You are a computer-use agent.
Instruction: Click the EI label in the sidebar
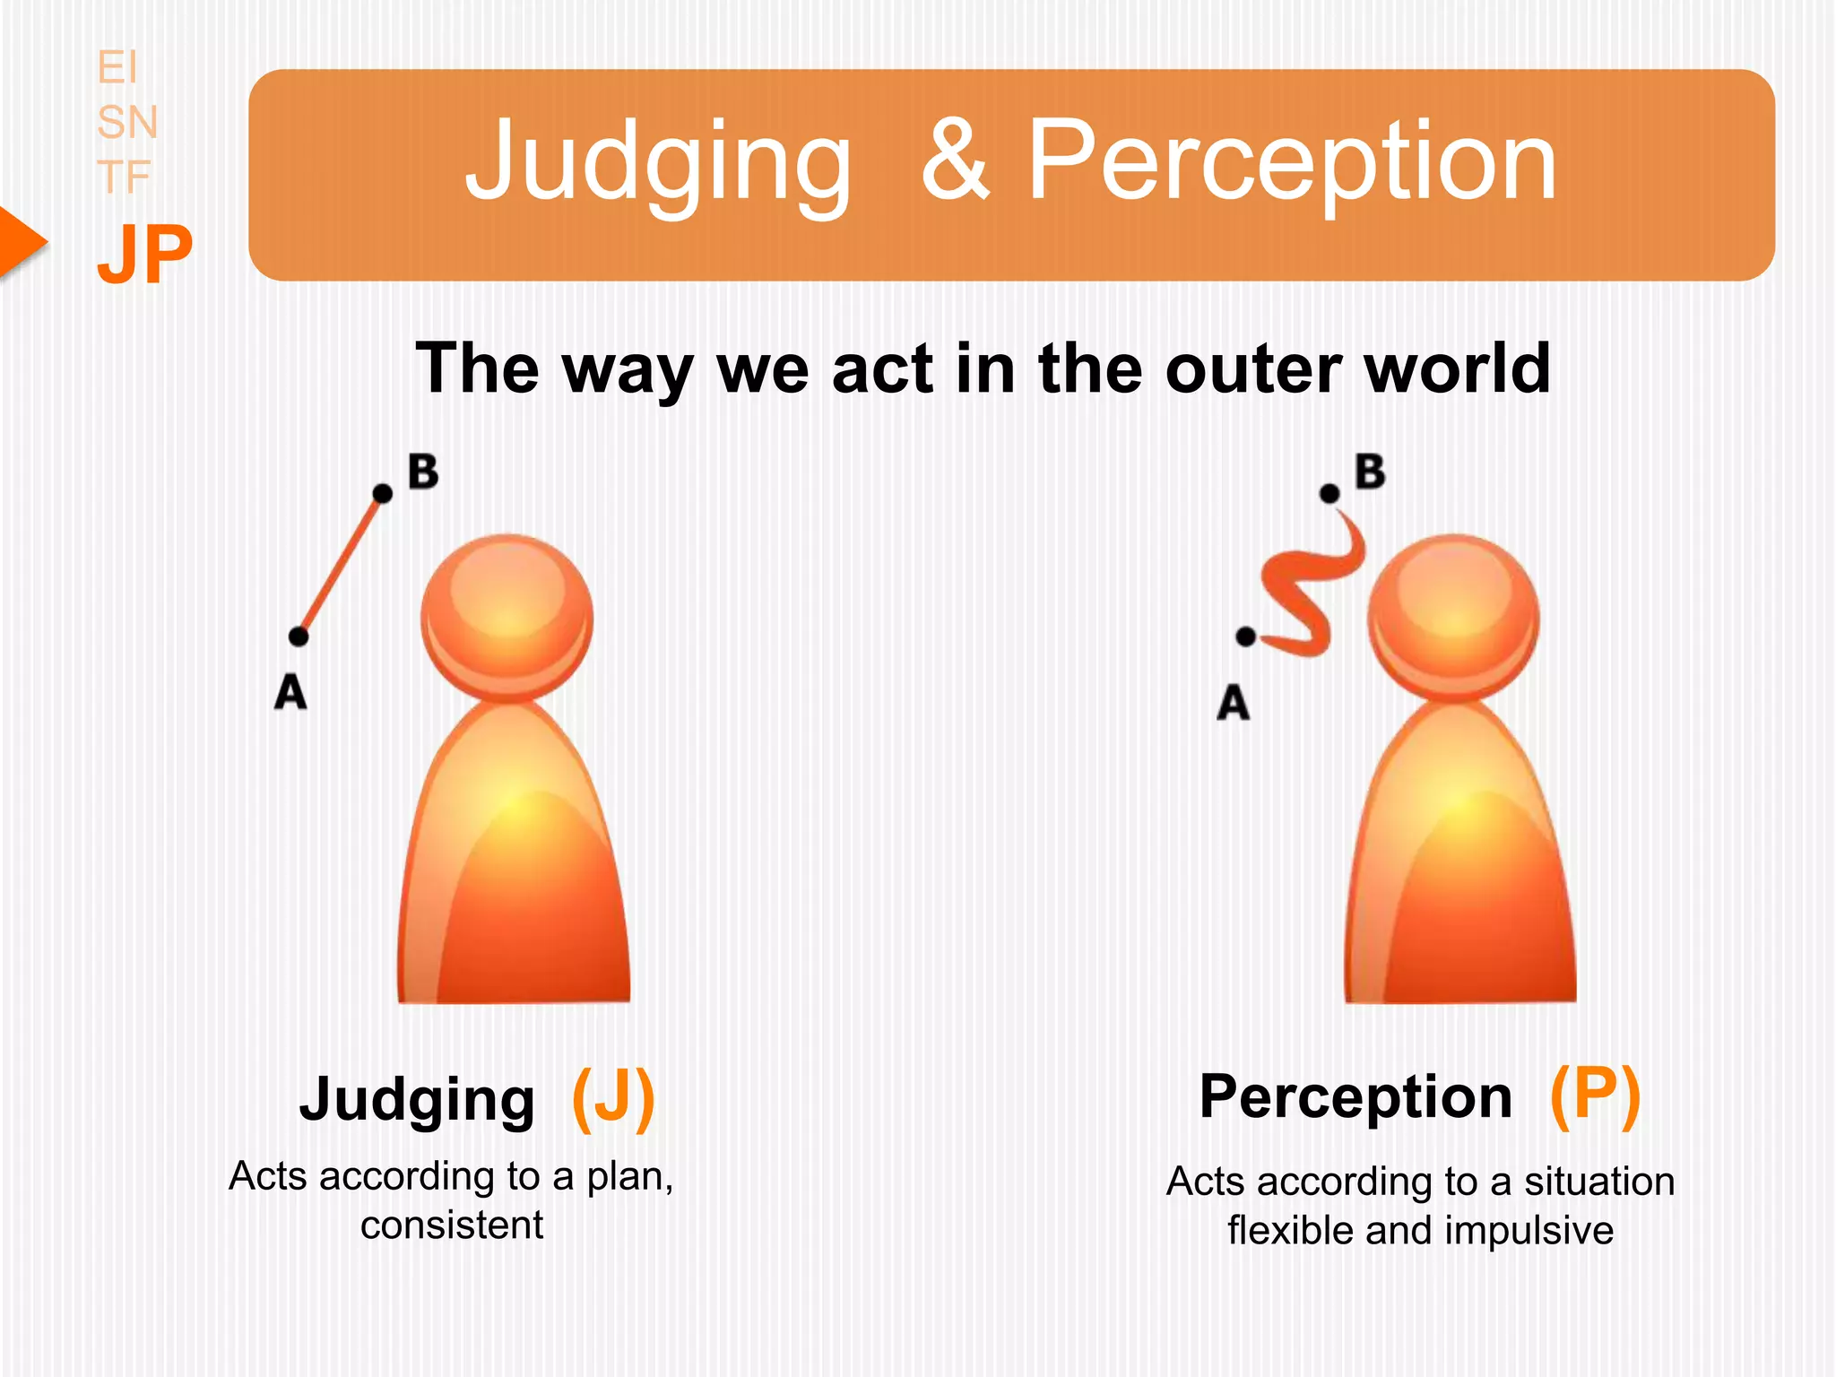(117, 68)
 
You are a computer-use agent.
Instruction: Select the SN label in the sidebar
(127, 122)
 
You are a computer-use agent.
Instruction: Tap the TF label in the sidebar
(124, 177)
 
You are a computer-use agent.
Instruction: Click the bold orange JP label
(144, 255)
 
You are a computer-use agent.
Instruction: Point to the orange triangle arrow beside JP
(20, 242)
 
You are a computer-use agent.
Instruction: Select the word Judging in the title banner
(658, 163)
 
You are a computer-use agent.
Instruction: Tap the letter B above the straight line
(423, 472)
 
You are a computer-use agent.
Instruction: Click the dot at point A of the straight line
(299, 637)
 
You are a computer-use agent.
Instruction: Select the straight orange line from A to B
(341, 565)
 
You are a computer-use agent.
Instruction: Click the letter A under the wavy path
(1233, 702)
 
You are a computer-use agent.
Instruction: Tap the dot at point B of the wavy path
(1329, 493)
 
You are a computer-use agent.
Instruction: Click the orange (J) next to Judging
(613, 1098)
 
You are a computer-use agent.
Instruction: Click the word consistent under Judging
(452, 1225)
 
